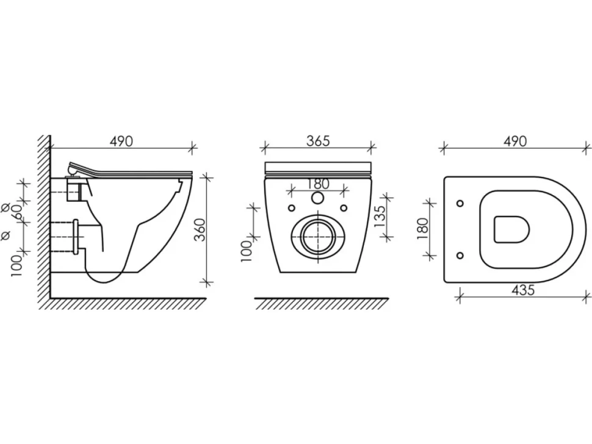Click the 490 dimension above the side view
pyautogui.click(x=121, y=141)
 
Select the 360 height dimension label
pyautogui.click(x=200, y=230)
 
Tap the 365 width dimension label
pyautogui.click(x=318, y=141)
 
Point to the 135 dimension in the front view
pyautogui.click(x=380, y=215)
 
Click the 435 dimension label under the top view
pyautogui.click(x=523, y=290)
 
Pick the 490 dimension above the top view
pyautogui.click(x=515, y=141)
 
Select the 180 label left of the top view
pyautogui.click(x=423, y=229)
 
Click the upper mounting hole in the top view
pyautogui.click(x=460, y=204)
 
